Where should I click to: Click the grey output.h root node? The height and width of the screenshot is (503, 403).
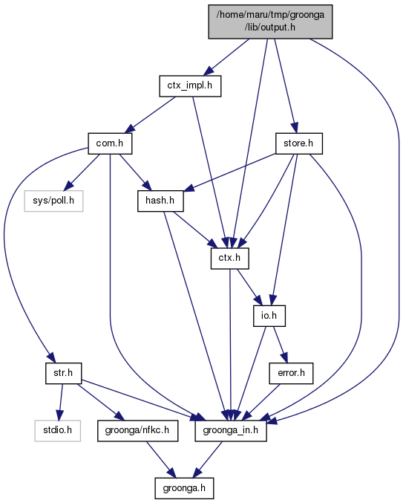(270, 22)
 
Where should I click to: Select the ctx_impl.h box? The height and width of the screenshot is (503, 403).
(190, 85)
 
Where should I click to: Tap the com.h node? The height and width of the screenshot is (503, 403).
(110, 143)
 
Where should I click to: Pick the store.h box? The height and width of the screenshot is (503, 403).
(298, 143)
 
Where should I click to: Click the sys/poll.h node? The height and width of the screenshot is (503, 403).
(53, 201)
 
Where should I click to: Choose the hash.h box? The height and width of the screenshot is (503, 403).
(160, 201)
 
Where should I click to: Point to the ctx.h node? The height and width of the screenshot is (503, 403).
(229, 259)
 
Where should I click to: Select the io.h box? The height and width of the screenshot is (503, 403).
(269, 316)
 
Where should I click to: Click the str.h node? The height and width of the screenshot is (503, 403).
(63, 373)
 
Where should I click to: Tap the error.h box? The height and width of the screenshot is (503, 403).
(291, 373)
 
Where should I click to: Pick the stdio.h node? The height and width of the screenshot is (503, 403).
(57, 430)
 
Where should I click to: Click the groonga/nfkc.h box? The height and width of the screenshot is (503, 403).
(137, 430)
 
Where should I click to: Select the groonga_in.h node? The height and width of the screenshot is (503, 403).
(231, 430)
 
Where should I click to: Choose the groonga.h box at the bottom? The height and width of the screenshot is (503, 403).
(184, 488)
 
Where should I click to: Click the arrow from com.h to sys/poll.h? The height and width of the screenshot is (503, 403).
(82, 172)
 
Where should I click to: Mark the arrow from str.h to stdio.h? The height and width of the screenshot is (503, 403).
(61, 402)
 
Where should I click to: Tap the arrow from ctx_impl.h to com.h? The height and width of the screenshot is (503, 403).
(150, 114)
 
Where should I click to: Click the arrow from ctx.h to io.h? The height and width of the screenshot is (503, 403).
(250, 288)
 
